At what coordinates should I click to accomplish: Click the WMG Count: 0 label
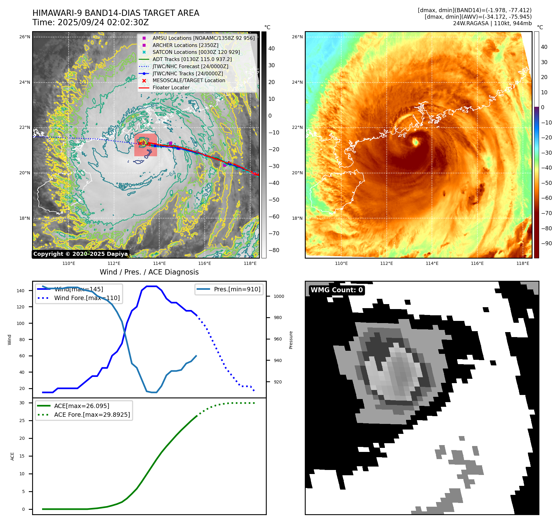point(337,290)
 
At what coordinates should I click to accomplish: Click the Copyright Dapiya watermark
point(80,254)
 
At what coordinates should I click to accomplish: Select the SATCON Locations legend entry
point(196,52)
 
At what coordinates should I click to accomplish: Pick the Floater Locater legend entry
point(171,87)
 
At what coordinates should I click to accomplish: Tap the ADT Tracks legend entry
point(192,59)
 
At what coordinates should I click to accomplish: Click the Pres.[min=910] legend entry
point(237,289)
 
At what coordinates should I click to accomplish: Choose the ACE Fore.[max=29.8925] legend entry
point(92,415)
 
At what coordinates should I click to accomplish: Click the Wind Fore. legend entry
point(87,298)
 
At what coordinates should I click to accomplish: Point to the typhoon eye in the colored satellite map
point(415,142)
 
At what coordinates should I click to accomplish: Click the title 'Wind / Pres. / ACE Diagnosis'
point(149,272)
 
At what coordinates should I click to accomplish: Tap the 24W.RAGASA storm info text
point(492,23)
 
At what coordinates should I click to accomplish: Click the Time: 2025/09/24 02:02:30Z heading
point(90,22)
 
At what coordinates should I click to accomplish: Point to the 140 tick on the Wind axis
point(21,291)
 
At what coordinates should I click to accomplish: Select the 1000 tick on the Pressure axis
point(279,296)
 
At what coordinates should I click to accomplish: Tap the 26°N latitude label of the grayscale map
point(25,37)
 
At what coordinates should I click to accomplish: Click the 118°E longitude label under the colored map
point(522,263)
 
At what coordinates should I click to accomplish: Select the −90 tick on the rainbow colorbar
point(546,243)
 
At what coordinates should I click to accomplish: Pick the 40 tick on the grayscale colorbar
point(271,49)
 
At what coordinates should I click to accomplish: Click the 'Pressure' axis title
point(291,340)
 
